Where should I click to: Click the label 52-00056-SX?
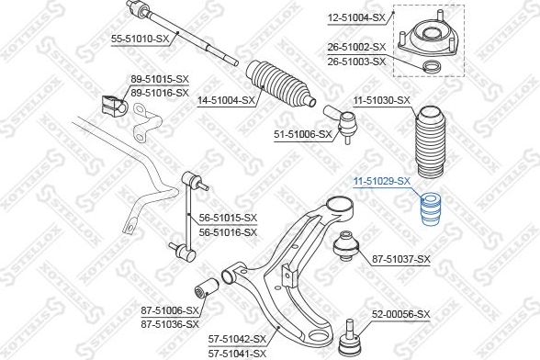tap(401, 314)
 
